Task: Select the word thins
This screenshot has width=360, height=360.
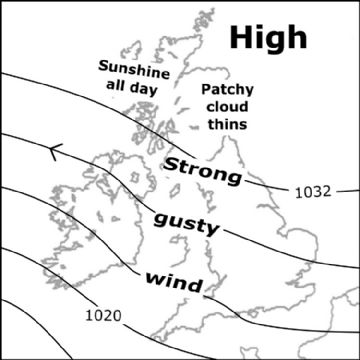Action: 225,125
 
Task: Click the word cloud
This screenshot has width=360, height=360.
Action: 225,107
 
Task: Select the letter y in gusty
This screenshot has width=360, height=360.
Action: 212,230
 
